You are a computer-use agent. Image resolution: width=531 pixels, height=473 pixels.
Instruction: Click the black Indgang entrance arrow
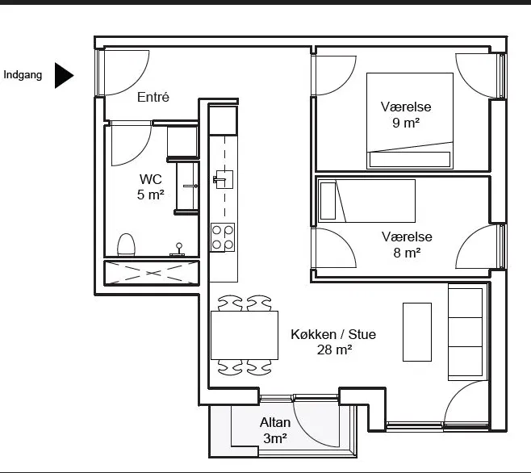tap(64, 75)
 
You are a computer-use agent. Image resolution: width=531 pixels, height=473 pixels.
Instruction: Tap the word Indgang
tap(23, 75)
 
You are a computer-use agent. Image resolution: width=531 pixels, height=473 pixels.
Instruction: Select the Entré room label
tap(153, 97)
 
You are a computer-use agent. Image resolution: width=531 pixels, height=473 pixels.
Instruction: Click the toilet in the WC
tap(127, 245)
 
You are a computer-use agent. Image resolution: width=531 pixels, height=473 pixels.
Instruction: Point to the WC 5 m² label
tap(151, 186)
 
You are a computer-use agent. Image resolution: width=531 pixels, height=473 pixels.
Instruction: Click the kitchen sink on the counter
tap(224, 179)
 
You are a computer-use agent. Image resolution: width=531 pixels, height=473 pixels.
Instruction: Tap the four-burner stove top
tap(223, 237)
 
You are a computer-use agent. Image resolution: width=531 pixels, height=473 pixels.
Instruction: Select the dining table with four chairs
tap(245, 335)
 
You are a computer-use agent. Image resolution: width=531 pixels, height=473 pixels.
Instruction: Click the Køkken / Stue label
tap(333, 334)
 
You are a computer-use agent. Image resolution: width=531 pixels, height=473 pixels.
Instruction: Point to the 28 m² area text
tap(334, 350)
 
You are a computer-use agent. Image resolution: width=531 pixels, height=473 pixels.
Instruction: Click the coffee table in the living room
tap(417, 332)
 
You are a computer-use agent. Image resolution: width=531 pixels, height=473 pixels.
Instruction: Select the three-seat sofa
tap(467, 332)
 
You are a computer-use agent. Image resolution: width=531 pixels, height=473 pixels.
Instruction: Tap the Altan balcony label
tap(275, 423)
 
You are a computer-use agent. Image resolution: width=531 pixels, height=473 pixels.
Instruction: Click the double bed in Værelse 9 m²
tap(410, 120)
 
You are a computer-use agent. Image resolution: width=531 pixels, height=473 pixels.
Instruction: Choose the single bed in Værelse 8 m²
tap(366, 201)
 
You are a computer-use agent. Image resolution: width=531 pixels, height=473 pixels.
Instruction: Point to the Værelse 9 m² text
tap(406, 115)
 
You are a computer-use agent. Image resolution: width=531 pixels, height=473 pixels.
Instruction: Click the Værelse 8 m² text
tap(407, 245)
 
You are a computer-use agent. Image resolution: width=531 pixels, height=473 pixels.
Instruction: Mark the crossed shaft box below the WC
tap(152, 273)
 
